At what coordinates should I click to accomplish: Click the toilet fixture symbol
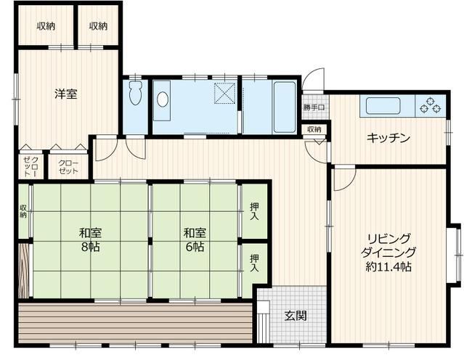[x=136, y=93]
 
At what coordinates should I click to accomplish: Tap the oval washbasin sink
[x=163, y=99]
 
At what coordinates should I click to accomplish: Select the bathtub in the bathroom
[x=285, y=107]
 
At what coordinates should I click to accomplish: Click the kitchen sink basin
[x=383, y=105]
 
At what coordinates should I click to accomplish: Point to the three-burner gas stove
[x=431, y=105]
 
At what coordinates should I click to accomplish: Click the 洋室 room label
[x=66, y=94]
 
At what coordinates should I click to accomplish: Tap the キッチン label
[x=388, y=138]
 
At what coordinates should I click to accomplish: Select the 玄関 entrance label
[x=296, y=316]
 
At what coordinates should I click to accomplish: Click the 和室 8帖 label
[x=91, y=240]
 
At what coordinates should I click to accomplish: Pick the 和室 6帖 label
[x=195, y=240]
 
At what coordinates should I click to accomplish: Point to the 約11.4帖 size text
[x=388, y=267]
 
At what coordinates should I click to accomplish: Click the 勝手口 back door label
[x=314, y=107]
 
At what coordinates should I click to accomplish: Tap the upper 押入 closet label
[x=254, y=211]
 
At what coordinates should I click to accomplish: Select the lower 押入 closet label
[x=254, y=263]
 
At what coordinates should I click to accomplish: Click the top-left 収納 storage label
[x=46, y=26]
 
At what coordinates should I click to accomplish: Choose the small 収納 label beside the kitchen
[x=314, y=129]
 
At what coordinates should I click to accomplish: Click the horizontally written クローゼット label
[x=68, y=167]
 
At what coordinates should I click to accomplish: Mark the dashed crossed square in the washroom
[x=225, y=93]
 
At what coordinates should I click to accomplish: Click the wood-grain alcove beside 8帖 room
[x=24, y=271]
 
